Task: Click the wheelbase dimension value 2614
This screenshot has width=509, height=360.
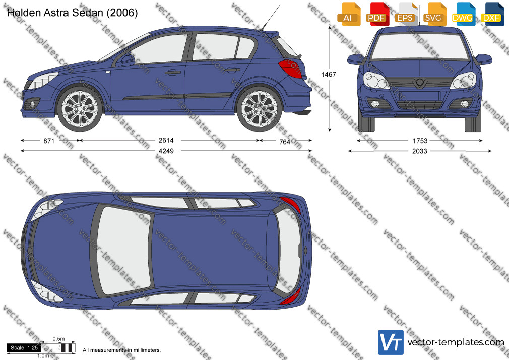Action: [x=166, y=140]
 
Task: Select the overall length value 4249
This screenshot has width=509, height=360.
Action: [x=166, y=151]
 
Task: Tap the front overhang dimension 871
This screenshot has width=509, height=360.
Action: [x=49, y=141]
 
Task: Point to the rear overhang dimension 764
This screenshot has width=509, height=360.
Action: [x=285, y=142]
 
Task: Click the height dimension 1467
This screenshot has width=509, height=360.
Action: [x=329, y=75]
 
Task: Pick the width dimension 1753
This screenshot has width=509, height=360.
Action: [x=420, y=141]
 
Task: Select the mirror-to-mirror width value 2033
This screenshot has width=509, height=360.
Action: [x=420, y=151]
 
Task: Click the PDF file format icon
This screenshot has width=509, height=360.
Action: [x=376, y=14]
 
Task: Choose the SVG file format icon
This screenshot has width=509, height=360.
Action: [x=434, y=14]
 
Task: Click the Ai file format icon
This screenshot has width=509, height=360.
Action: [x=348, y=14]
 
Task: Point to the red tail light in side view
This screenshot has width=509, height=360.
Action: [x=291, y=69]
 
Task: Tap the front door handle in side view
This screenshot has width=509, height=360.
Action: [x=173, y=72]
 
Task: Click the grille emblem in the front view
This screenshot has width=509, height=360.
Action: [x=420, y=83]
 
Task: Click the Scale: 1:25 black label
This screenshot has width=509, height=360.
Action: [x=24, y=348]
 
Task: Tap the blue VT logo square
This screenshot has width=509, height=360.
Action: [x=391, y=342]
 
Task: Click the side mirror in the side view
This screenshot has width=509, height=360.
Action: [x=126, y=61]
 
